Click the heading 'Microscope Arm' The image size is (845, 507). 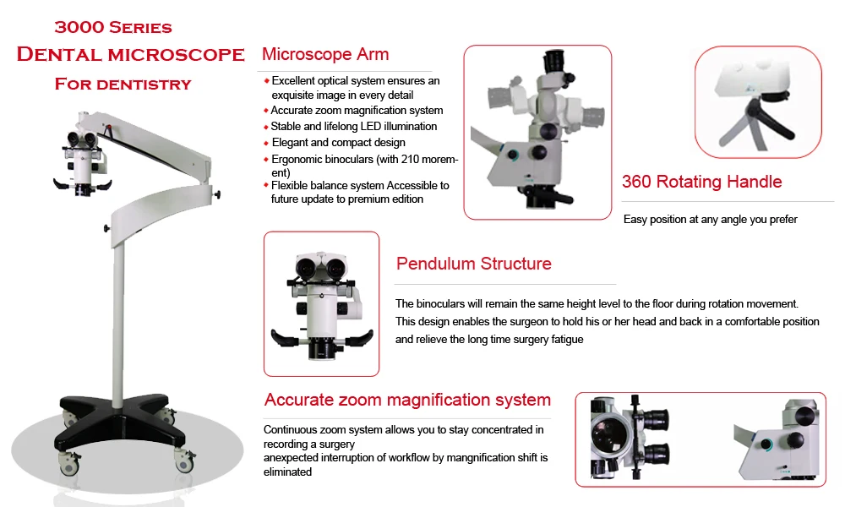[325, 55]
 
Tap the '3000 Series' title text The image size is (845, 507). [113, 27]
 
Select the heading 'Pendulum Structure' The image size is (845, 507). [473, 264]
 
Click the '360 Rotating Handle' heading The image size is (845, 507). [701, 182]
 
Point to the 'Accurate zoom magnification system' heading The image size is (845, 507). [407, 400]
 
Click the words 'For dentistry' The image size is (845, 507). [123, 84]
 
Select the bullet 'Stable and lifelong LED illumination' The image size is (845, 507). [353, 127]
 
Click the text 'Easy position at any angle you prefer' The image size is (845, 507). [710, 220]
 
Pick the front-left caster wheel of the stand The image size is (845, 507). [66, 461]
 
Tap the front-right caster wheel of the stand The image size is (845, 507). [183, 461]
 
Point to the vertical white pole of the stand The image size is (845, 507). [120, 321]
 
